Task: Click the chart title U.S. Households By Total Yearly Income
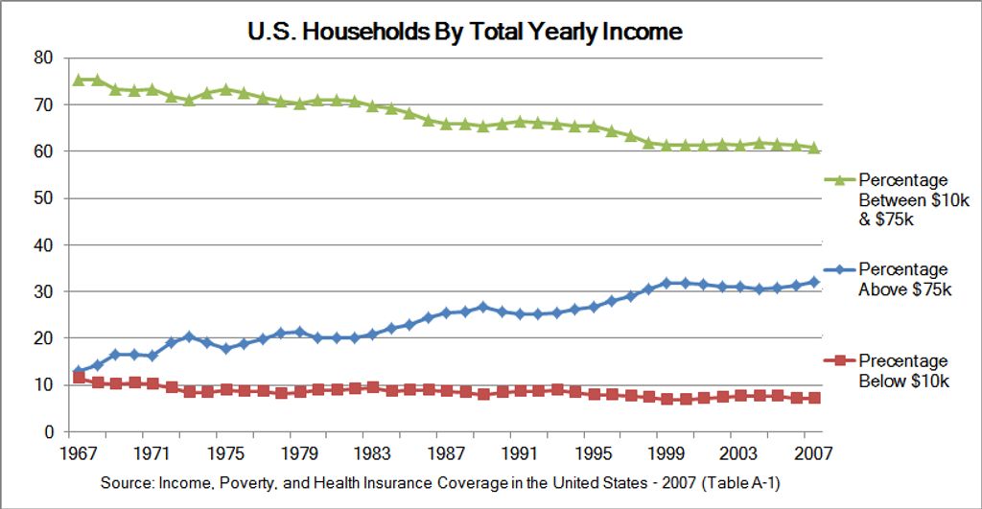point(464,31)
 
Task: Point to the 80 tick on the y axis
point(42,58)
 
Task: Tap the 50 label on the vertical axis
point(42,198)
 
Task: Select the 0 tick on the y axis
point(47,432)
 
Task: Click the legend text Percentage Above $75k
point(904,280)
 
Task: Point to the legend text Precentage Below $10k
point(904,371)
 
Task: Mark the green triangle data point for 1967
point(79,80)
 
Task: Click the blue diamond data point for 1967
point(79,372)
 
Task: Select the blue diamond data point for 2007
point(813,282)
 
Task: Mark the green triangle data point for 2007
point(813,148)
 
